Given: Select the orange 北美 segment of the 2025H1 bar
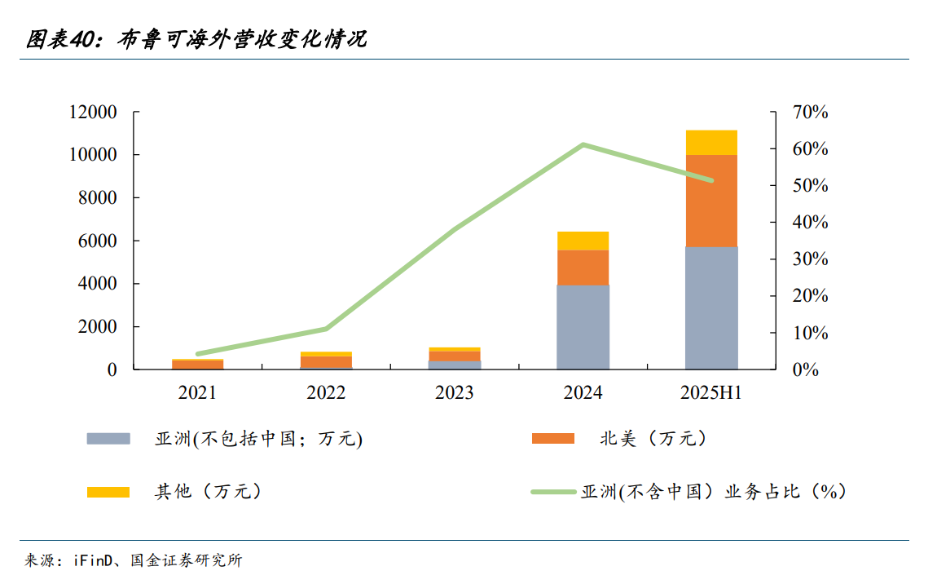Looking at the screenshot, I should pyautogui.click(x=711, y=201).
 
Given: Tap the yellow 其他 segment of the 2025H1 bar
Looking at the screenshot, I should pyautogui.click(x=711, y=142).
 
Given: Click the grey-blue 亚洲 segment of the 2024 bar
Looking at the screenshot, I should pyautogui.click(x=583, y=327).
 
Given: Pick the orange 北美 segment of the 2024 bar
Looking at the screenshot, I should pyautogui.click(x=583, y=268).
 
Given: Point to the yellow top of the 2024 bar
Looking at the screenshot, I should pyautogui.click(x=583, y=241).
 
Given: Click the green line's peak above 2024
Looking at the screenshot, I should pyautogui.click(x=583, y=145).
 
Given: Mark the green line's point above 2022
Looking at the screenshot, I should pyautogui.click(x=326, y=329).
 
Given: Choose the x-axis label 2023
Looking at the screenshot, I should pyautogui.click(x=454, y=393).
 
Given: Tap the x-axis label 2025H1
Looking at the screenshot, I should pyautogui.click(x=711, y=393).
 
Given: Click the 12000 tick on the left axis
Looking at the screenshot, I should pyautogui.click(x=94, y=113).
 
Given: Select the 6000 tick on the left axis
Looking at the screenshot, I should pyautogui.click(x=99, y=241).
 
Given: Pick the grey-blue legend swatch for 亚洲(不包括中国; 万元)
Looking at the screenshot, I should pyautogui.click(x=108, y=439).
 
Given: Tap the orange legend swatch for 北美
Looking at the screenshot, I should pyautogui.click(x=552, y=439).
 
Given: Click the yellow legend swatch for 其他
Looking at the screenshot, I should pyautogui.click(x=108, y=492).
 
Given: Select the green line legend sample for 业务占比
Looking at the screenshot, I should pyautogui.click(x=552, y=492).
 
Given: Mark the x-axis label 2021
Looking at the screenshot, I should pyautogui.click(x=197, y=393).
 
